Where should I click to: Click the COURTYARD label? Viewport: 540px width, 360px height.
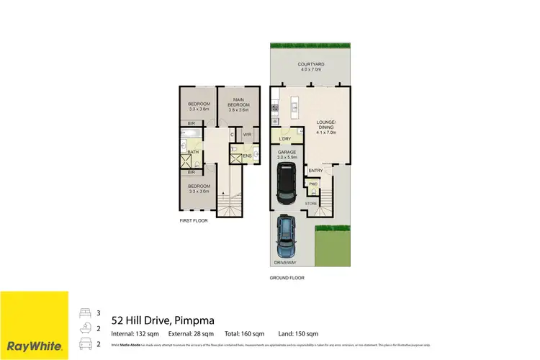pyautogui.click(x=309, y=68)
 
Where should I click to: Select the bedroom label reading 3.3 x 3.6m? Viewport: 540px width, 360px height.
pyautogui.click(x=199, y=107)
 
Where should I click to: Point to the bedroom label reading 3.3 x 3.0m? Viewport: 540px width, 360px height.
pyautogui.click(x=199, y=189)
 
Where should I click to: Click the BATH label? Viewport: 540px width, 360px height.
pyautogui.click(x=194, y=152)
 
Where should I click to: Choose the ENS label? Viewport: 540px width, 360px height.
pyautogui.click(x=247, y=156)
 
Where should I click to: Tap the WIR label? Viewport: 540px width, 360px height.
pyautogui.click(x=247, y=135)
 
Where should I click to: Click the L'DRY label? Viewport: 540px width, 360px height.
pyautogui.click(x=284, y=139)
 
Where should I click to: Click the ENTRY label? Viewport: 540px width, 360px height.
pyautogui.click(x=315, y=171)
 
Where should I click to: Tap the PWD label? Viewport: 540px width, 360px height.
pyautogui.click(x=313, y=184)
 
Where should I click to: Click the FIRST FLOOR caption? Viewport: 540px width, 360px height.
pyautogui.click(x=194, y=220)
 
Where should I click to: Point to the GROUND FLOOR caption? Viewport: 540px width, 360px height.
pyautogui.click(x=287, y=277)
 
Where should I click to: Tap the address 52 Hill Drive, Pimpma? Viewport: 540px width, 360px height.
pyautogui.click(x=162, y=320)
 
